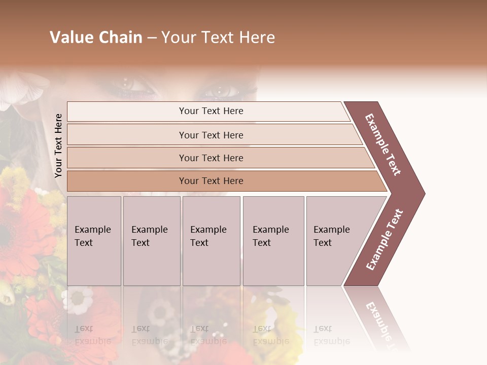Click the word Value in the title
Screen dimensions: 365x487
click(70, 38)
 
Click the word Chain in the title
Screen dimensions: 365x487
click(120, 38)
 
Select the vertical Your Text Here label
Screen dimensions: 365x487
click(58, 145)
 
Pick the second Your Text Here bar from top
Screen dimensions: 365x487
click(211, 135)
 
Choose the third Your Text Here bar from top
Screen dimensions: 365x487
click(211, 158)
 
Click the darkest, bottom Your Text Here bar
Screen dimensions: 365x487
click(211, 181)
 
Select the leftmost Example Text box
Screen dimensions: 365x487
click(94, 241)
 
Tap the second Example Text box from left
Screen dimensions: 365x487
click(152, 241)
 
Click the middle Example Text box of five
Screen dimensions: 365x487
click(211, 241)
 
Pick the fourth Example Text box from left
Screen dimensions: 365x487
click(273, 241)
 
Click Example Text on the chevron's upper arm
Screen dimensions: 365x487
click(383, 144)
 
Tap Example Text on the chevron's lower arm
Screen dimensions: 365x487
click(385, 240)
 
